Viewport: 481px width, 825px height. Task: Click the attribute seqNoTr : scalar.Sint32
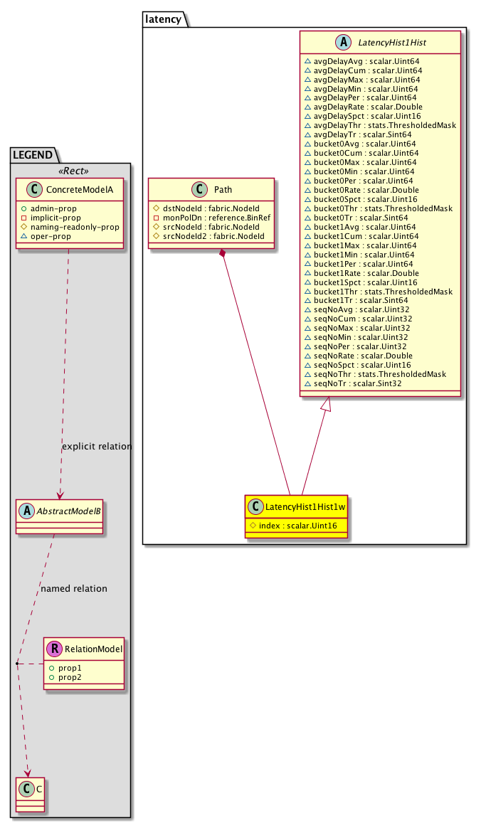coord(358,383)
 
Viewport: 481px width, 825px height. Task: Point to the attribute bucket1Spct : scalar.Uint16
coord(361,282)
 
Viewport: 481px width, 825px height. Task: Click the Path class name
coord(222,190)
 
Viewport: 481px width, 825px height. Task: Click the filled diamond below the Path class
coord(224,254)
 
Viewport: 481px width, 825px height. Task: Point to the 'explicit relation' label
coord(97,447)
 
